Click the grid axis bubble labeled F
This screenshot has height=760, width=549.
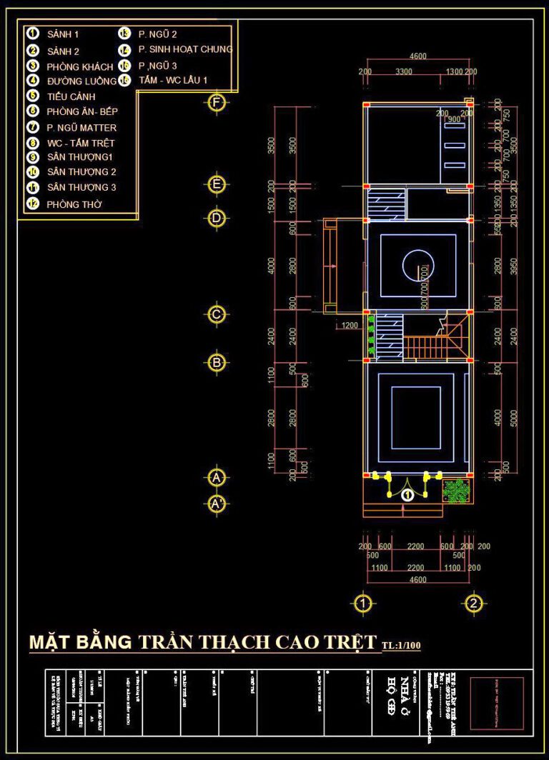[x=217, y=103]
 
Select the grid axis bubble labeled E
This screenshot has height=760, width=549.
[x=217, y=184]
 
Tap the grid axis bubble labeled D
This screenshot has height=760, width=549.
[x=217, y=218]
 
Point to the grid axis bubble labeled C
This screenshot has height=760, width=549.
[x=217, y=314]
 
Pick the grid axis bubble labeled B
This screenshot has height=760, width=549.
[x=217, y=362]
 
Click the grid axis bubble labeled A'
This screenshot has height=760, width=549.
[x=217, y=504]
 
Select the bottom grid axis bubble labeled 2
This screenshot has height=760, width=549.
[x=473, y=604]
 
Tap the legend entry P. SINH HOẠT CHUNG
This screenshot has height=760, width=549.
[x=185, y=49]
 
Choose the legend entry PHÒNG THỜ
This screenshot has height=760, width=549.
[x=74, y=204]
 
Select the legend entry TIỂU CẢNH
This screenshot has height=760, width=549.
[x=71, y=96]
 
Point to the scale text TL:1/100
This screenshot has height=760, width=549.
[x=402, y=646]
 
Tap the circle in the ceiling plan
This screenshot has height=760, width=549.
[x=418, y=266]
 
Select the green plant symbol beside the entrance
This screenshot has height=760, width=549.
[x=454, y=490]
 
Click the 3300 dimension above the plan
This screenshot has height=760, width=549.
[x=404, y=71]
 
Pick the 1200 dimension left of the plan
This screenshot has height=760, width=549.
[x=350, y=326]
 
